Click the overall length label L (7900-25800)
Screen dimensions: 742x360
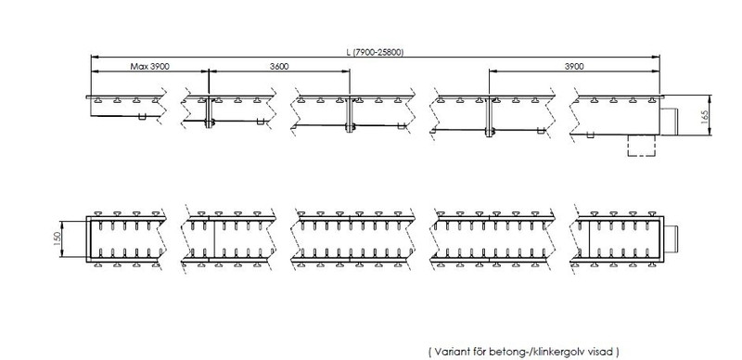click(x=375, y=52)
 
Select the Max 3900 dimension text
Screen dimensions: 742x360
click(x=150, y=66)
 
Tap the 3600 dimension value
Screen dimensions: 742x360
click(x=279, y=66)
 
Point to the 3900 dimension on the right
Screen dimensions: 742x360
click(x=574, y=66)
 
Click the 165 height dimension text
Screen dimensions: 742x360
click(x=705, y=117)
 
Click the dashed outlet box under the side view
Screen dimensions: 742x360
click(x=642, y=146)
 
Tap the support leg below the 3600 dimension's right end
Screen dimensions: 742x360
click(x=350, y=116)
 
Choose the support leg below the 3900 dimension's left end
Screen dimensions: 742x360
click(x=489, y=118)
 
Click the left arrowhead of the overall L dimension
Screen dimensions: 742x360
click(x=94, y=57)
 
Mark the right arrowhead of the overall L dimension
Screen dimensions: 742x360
click(x=657, y=57)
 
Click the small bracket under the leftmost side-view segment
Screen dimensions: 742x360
click(x=142, y=117)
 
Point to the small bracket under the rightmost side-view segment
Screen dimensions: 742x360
click(x=590, y=135)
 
